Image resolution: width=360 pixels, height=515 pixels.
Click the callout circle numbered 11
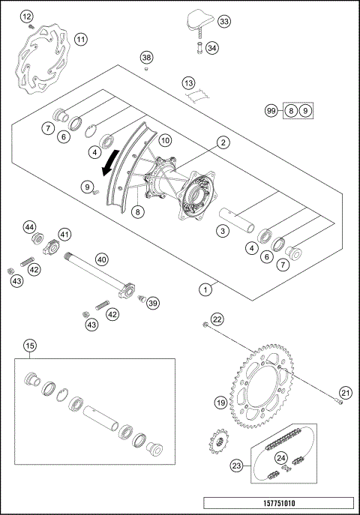(80, 39)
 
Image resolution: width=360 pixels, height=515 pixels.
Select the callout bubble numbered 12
(27, 16)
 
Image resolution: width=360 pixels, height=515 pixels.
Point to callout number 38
(146, 58)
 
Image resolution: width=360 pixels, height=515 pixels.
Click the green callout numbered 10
(164, 139)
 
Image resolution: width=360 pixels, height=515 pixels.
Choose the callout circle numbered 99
(272, 110)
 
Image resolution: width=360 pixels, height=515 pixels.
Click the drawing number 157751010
(277, 504)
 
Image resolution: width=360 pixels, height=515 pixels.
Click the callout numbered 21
(345, 393)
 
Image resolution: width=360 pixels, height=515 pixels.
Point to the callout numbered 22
(217, 319)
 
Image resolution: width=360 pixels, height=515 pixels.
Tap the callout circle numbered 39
(153, 303)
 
